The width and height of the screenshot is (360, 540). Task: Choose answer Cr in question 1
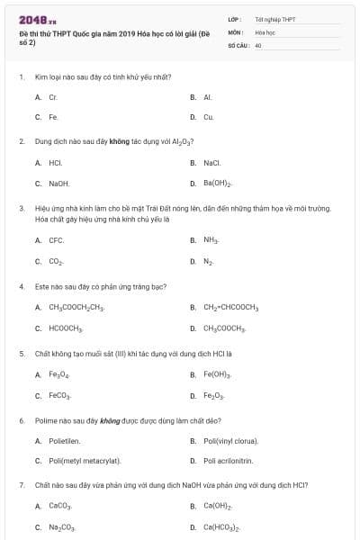pyautogui.click(x=53, y=96)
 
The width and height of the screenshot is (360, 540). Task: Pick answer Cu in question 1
pyautogui.click(x=208, y=117)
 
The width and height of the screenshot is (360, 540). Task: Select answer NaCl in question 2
pyautogui.click(x=211, y=162)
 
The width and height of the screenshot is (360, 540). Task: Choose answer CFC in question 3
pyautogui.click(x=56, y=240)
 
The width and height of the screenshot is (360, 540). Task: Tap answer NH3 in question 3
pyautogui.click(x=211, y=240)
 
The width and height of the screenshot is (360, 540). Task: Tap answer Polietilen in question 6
pyautogui.click(x=65, y=440)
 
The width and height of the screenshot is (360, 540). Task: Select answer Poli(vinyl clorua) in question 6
pyautogui.click(x=230, y=440)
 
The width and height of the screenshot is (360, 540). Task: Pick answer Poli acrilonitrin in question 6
pyautogui.click(x=228, y=461)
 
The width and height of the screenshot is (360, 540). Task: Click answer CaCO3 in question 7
pyautogui.click(x=59, y=506)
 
